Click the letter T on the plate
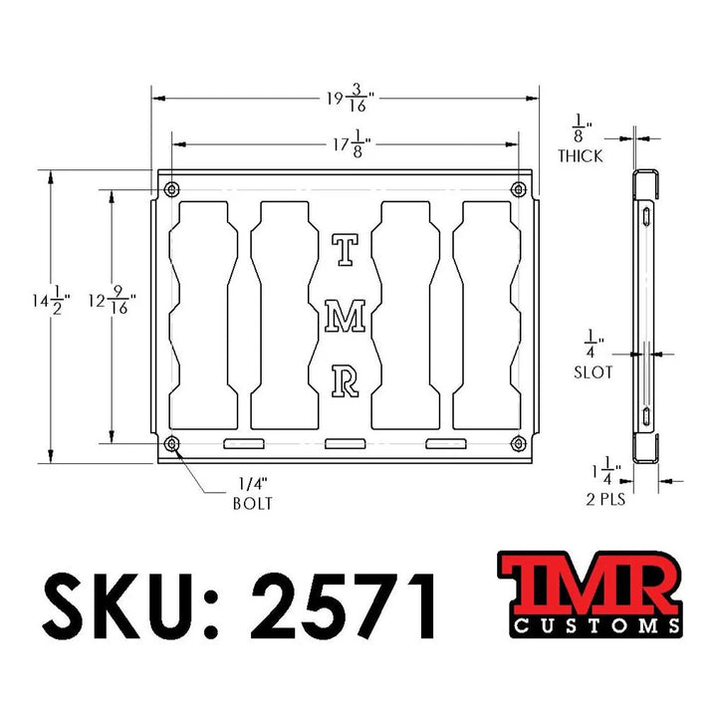[x=344, y=250]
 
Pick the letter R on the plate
[x=345, y=380]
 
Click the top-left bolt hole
[x=173, y=189]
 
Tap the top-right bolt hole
[x=517, y=189]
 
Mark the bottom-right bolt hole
[x=517, y=442]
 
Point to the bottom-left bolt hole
[x=173, y=442]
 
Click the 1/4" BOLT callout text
[x=251, y=494]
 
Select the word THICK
[x=580, y=156]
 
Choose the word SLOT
[x=595, y=372]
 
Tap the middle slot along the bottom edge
[x=345, y=443]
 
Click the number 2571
[x=345, y=605]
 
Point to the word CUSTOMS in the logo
[x=597, y=626]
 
